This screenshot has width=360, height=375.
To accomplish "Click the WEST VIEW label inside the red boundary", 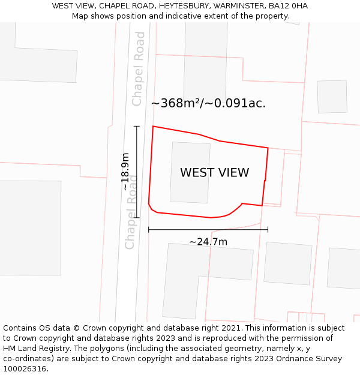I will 214,173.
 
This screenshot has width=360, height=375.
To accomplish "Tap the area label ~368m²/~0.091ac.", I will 208,103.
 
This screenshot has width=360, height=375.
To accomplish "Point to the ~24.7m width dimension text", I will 208,242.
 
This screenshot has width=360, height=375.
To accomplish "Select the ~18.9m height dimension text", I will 125,172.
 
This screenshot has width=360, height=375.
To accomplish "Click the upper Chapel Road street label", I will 139,68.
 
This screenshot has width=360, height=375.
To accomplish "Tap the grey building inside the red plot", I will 190,172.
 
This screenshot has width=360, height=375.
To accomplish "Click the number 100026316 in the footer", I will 25,369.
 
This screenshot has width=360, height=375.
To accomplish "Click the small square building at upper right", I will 332,97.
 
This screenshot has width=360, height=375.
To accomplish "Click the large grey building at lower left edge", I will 30,228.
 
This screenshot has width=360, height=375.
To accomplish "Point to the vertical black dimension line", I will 137,172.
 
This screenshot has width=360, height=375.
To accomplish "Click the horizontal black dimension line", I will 208,229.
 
